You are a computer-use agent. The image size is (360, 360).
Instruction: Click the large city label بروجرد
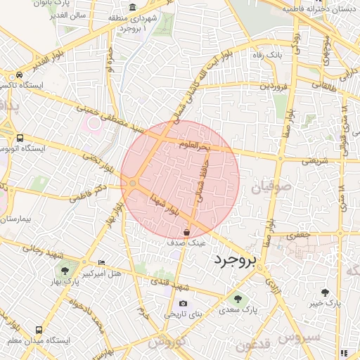point(236,261)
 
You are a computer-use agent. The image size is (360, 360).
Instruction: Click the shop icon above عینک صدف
point(186,231)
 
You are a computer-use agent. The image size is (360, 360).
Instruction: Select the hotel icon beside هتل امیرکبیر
point(102,262)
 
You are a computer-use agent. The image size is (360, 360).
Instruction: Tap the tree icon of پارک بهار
point(65,270)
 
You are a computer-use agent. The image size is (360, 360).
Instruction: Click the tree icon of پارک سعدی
point(237,298)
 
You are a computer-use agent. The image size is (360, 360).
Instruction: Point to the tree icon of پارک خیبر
point(324,292)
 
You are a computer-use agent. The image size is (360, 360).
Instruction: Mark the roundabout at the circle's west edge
point(132,184)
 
